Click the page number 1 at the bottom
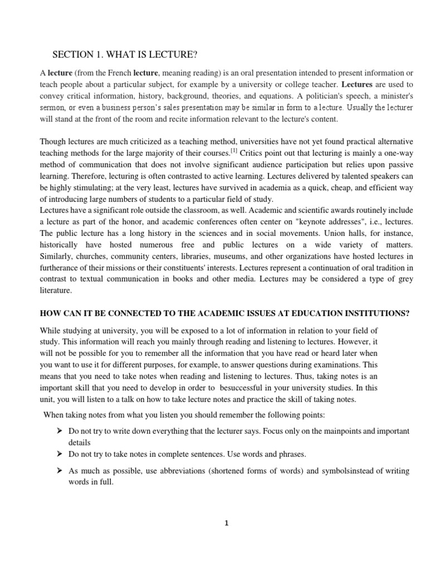click(x=226, y=523)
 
